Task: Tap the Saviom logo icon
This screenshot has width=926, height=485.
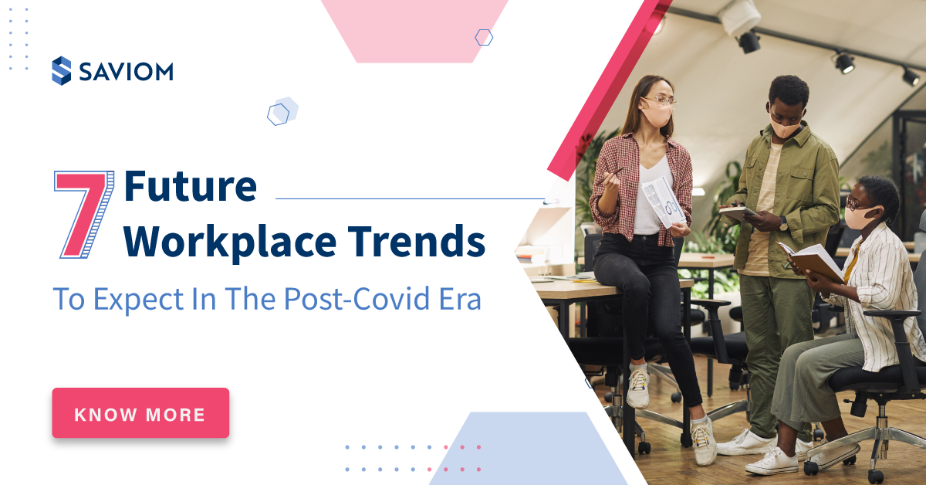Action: pyautogui.click(x=61, y=71)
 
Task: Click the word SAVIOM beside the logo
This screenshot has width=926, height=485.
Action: pyautogui.click(x=125, y=72)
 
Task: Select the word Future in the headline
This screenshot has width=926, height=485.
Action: pyautogui.click(x=190, y=187)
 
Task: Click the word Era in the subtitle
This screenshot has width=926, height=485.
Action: pyautogui.click(x=460, y=299)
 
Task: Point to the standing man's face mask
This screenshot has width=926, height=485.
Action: pyautogui.click(x=786, y=127)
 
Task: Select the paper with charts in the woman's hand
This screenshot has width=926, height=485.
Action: pyautogui.click(x=662, y=201)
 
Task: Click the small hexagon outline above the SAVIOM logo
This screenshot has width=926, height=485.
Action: pyautogui.click(x=484, y=37)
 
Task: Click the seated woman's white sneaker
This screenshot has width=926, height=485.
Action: pyautogui.click(x=772, y=460)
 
